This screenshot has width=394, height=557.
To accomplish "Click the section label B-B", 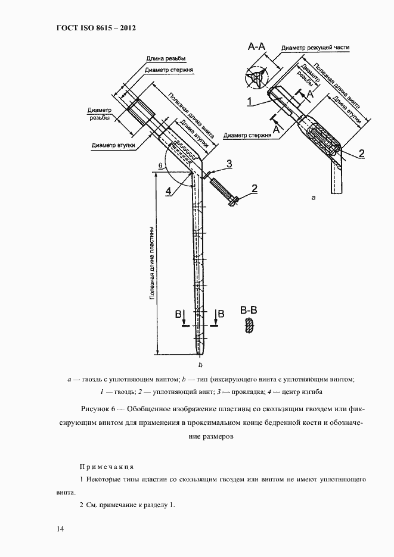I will click(249, 310).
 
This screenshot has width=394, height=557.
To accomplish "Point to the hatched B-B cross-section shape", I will click(249, 326).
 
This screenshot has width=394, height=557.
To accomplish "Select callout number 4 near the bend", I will click(169, 191).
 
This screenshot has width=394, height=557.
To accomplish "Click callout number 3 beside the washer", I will click(229, 163).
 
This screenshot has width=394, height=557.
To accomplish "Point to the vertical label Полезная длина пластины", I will click(153, 262).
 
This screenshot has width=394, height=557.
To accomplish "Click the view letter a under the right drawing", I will click(314, 196).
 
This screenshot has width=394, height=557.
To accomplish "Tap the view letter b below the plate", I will click(201, 364).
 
